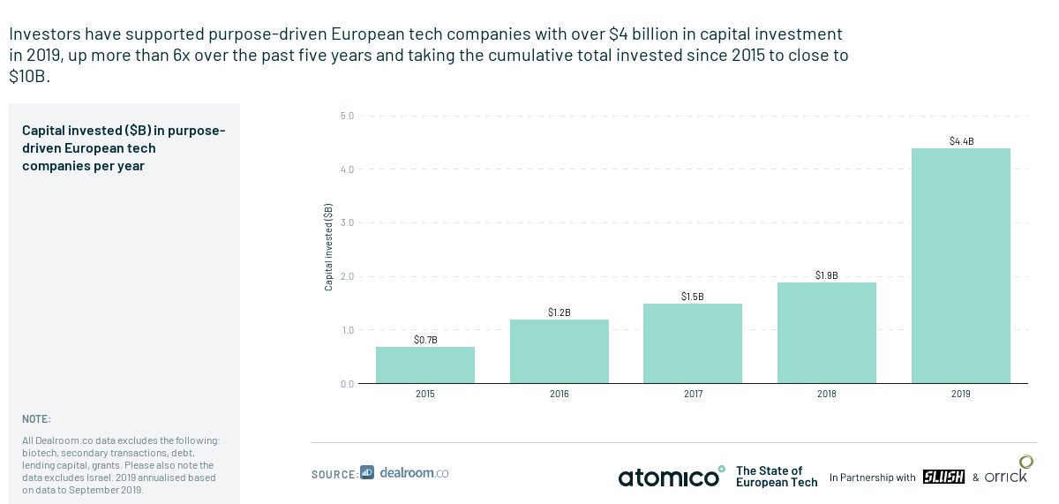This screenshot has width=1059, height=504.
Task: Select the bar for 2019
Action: pos(961,266)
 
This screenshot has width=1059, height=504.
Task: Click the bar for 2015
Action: pos(425,365)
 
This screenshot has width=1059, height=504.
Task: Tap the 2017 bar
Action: pos(693,343)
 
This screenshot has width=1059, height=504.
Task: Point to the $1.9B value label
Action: pos(826,275)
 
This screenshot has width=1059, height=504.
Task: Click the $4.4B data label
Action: pos(962,141)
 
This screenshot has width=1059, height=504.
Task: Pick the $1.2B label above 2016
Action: pos(560,312)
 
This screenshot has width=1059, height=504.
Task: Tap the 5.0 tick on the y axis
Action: pos(347,116)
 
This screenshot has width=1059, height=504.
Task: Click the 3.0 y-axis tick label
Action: pos(347,222)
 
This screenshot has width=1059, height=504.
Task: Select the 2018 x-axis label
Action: pos(826,394)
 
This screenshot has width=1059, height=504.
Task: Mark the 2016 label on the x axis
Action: pos(559,394)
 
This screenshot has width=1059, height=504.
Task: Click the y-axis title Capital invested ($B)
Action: pos(328,247)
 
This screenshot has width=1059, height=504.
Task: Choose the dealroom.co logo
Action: pos(404,473)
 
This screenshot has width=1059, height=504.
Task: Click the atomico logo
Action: pos(672,477)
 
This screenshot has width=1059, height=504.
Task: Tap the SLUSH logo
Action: pos(943,477)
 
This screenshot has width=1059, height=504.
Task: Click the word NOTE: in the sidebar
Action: pos(36,419)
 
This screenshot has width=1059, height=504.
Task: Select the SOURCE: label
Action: pos(334,474)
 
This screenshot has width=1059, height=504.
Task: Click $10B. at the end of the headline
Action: pos(29,76)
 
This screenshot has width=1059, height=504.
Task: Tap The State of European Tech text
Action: pos(777,477)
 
